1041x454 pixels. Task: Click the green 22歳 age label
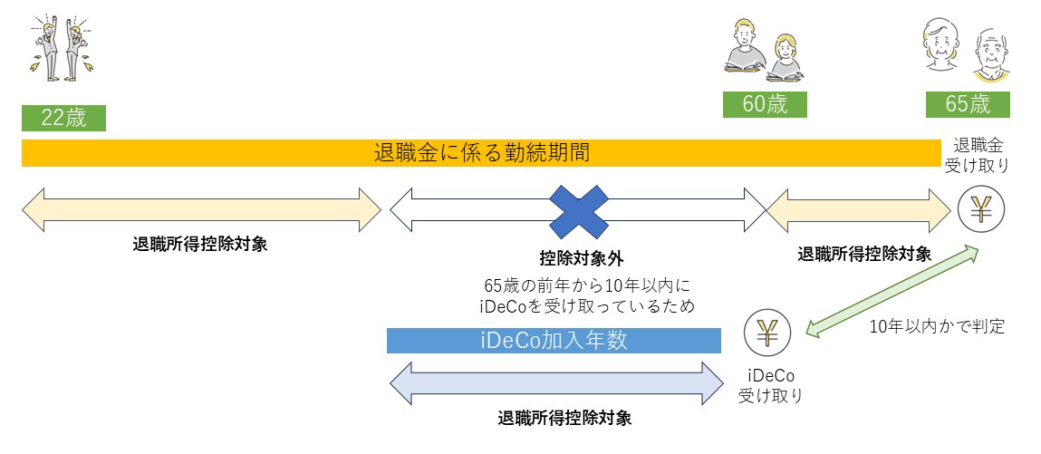(x=63, y=119)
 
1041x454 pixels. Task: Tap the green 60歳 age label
(x=765, y=104)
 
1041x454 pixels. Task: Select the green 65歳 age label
(x=968, y=104)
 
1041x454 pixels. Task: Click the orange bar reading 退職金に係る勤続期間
(x=481, y=152)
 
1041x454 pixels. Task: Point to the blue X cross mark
(x=580, y=211)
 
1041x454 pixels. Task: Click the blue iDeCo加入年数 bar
(x=553, y=341)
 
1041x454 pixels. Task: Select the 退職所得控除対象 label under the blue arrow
(x=564, y=419)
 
